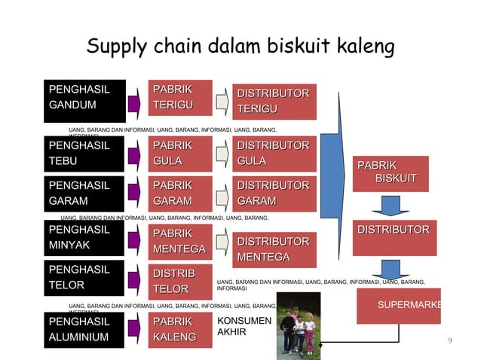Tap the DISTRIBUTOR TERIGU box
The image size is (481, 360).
click(x=273, y=102)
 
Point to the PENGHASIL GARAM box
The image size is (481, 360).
click(x=83, y=193)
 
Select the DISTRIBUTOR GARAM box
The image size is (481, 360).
click(x=273, y=193)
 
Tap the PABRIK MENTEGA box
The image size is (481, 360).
click(x=179, y=241)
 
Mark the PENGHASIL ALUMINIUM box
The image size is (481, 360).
click(x=83, y=330)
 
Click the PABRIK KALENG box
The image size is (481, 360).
click(x=179, y=330)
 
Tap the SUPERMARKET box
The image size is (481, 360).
click(x=400, y=306)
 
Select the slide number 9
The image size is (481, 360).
click(x=449, y=342)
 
